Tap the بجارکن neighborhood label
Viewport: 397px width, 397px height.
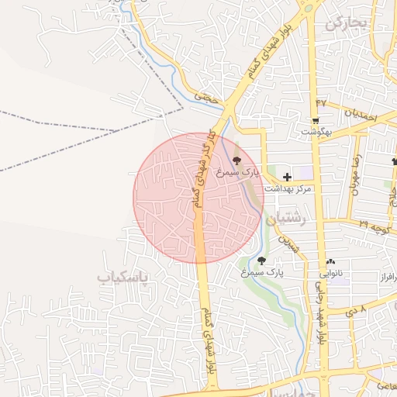coord(344,23)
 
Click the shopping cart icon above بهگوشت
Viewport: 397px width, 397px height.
coord(316,120)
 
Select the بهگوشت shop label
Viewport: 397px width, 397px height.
coord(316,132)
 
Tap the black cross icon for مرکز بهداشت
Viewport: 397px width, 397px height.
coord(287,177)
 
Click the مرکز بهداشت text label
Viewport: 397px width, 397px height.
coord(287,188)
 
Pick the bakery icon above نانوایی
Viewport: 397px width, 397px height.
coord(331,262)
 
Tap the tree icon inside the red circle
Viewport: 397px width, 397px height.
coord(236,160)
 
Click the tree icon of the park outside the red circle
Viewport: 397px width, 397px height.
coord(261,261)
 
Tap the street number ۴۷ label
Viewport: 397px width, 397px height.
coord(321,103)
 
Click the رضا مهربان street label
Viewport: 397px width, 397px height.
coord(358,174)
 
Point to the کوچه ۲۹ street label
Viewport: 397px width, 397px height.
coord(373,226)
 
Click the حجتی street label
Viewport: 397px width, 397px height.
coord(205,97)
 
